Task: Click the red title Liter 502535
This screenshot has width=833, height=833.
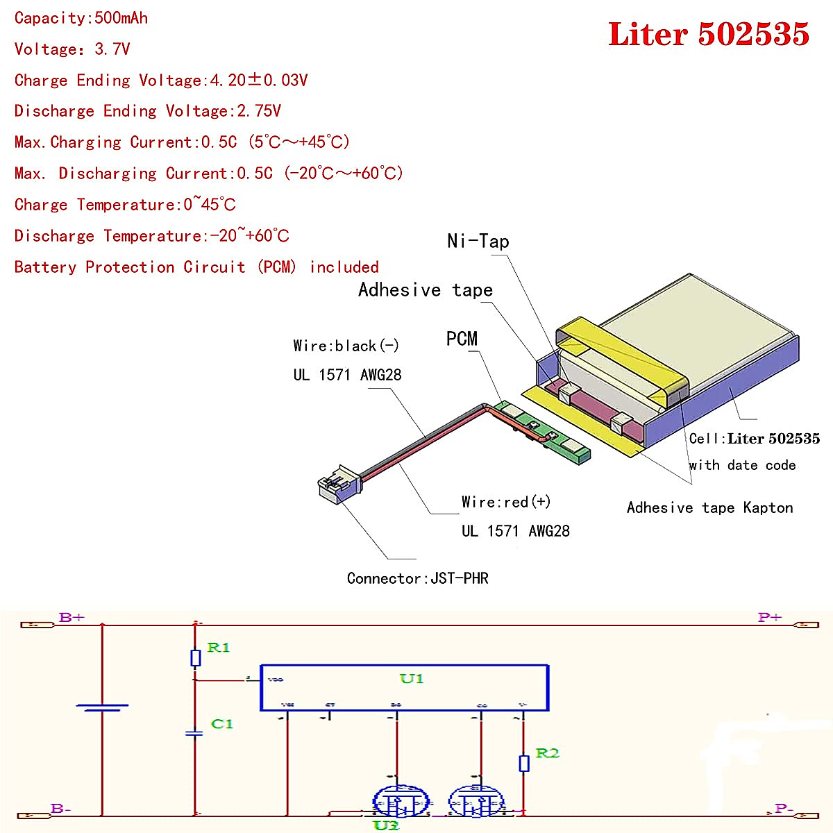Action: tap(708, 34)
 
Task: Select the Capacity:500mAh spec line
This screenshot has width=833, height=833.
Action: tap(81, 18)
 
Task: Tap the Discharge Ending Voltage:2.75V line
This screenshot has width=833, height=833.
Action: tap(147, 111)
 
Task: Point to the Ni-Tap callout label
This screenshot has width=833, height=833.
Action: tap(478, 241)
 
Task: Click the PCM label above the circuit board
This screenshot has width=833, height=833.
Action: tap(462, 339)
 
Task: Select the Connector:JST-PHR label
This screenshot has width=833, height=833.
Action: tap(417, 578)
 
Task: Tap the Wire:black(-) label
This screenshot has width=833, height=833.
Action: tap(346, 346)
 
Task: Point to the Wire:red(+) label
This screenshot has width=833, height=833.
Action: tap(506, 502)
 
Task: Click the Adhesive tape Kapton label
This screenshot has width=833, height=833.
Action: tap(709, 507)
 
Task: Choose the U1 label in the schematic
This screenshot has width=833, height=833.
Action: tap(411, 678)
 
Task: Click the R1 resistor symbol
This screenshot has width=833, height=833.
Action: tap(196, 657)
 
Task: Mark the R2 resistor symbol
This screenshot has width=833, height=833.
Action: tap(524, 763)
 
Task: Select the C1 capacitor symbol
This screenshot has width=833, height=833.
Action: tap(195, 733)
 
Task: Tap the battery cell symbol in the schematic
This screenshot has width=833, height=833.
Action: tap(102, 707)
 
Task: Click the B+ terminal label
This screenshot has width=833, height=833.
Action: tap(71, 617)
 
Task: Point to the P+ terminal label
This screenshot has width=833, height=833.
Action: tap(770, 617)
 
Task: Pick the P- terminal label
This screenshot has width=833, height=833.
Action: tap(784, 808)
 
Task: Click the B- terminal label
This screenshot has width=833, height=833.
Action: tap(61, 809)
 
